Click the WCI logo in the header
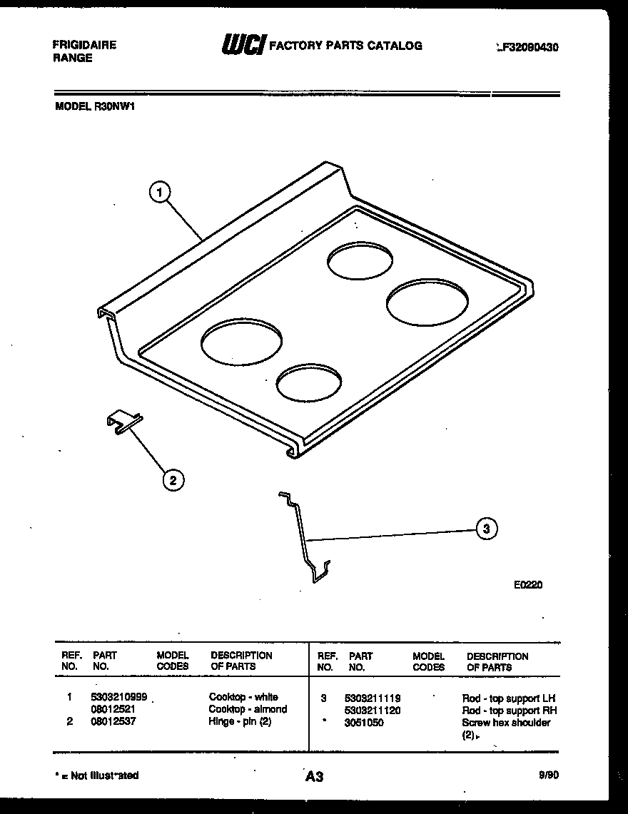coord(243,45)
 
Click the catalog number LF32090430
coord(527,48)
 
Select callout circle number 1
coord(161,191)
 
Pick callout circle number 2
coord(171,480)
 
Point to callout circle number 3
coord(485,529)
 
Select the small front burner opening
coord(308,384)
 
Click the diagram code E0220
coord(528,585)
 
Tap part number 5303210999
coord(119,697)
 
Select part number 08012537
coord(114,722)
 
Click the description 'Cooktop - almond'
coord(248,709)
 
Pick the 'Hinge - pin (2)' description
coord(240,722)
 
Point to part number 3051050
coord(364,723)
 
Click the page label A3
coord(314,776)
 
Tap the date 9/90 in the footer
coord(549,775)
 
